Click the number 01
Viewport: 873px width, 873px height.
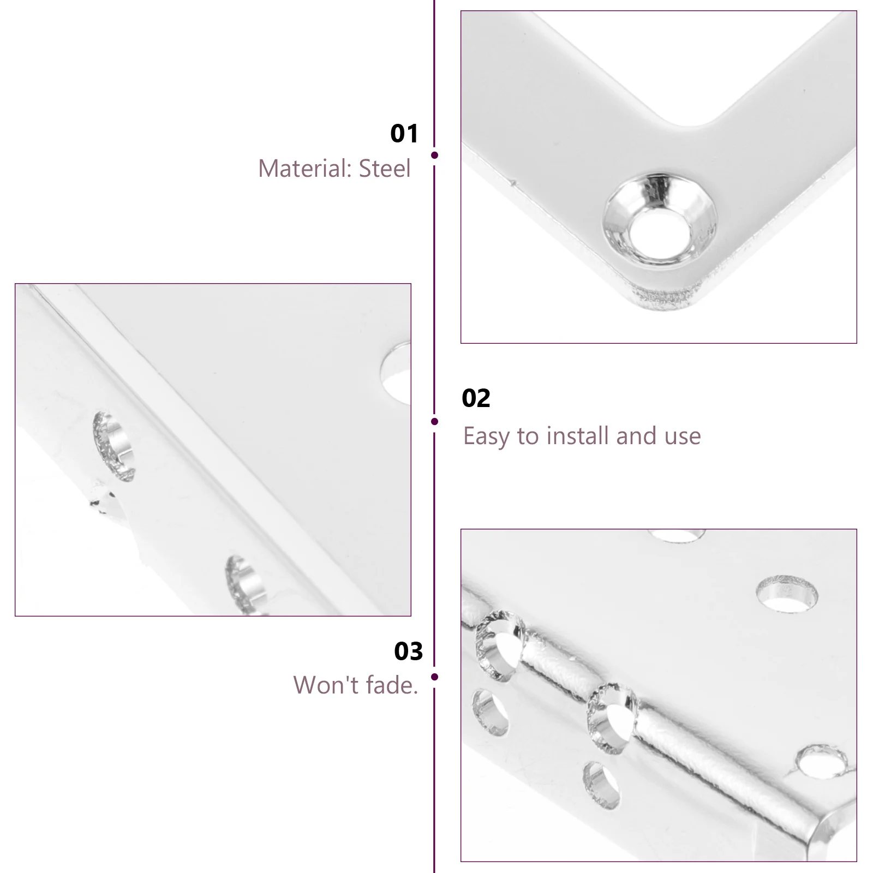click(x=404, y=134)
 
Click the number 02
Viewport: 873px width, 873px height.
click(x=476, y=398)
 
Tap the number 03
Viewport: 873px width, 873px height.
click(x=408, y=651)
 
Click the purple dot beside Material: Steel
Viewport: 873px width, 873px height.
click(x=434, y=156)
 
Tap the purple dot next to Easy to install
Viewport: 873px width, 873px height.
click(x=434, y=421)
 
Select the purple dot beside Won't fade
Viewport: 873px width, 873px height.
click(x=434, y=677)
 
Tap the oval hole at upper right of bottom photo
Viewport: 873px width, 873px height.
click(x=787, y=594)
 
